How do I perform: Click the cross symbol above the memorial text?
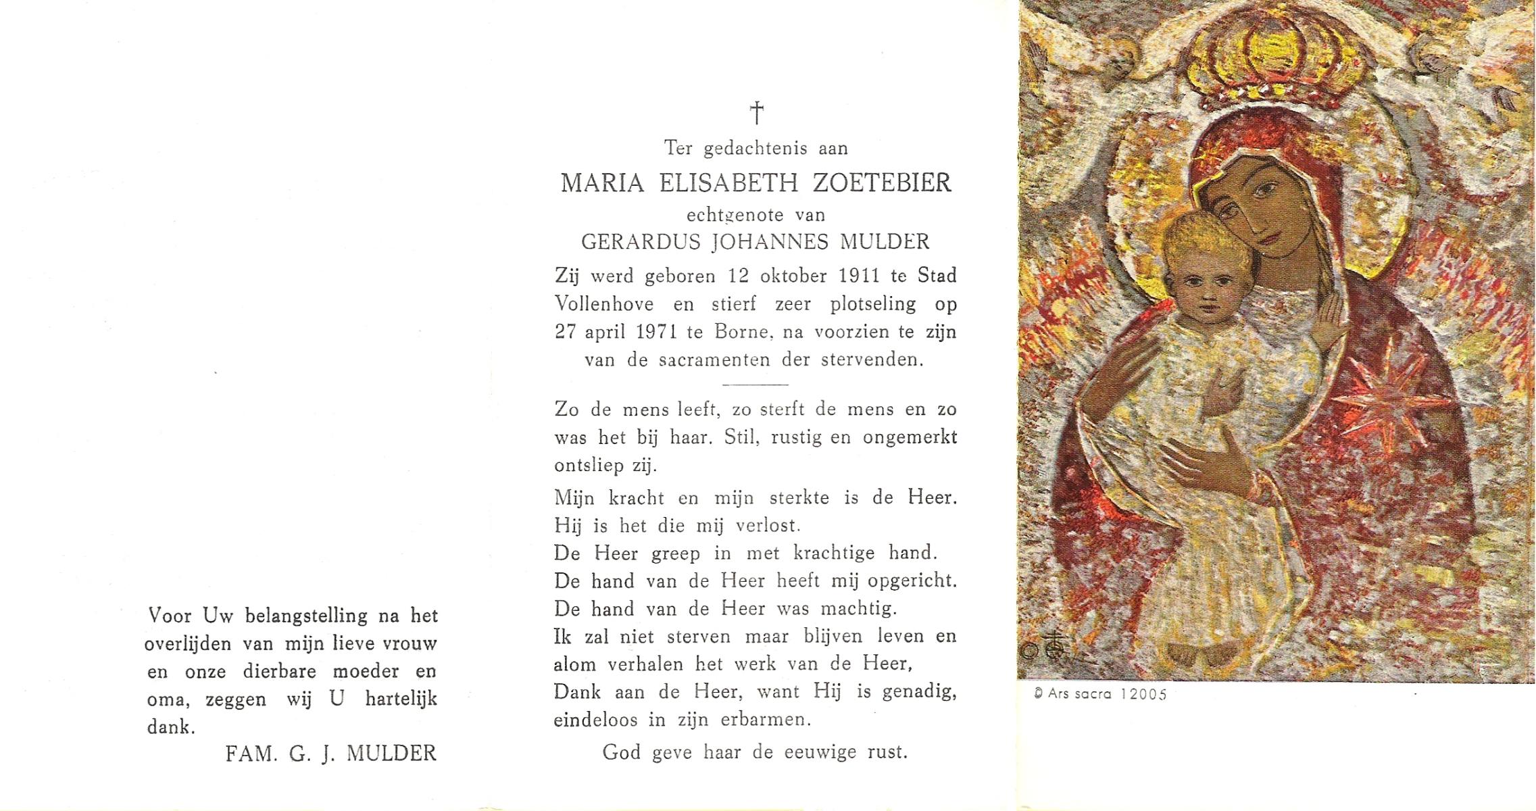pos(757,113)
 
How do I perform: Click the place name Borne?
pos(741,332)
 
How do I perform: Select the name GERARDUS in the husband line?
pos(640,242)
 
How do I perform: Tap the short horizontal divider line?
pos(755,385)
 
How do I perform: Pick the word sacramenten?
pos(714,360)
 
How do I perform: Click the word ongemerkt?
pos(909,437)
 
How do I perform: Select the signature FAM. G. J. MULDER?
pos(330,754)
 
